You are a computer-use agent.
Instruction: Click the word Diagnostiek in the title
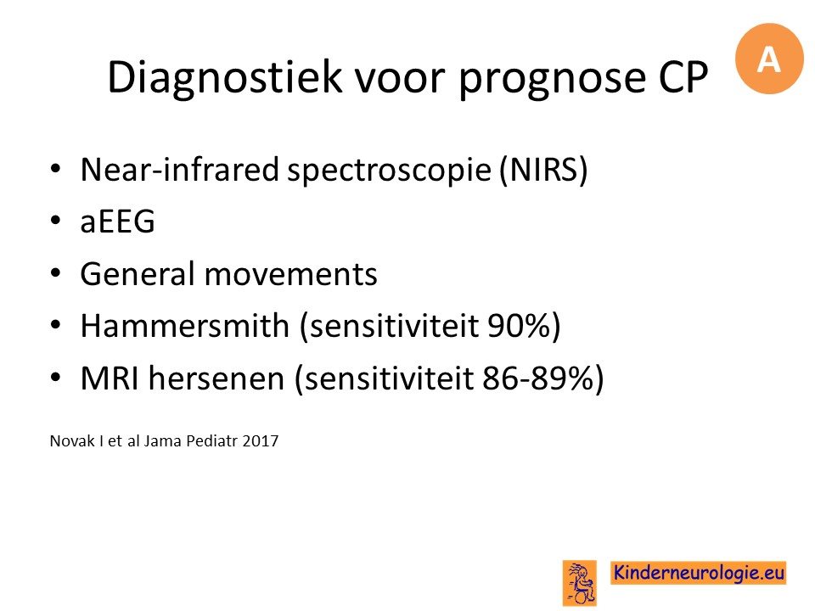coord(225,77)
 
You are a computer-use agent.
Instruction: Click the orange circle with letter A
coord(769,59)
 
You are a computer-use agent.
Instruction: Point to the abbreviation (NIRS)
coord(543,170)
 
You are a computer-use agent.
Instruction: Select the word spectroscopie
coord(390,171)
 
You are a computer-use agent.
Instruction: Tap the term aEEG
coord(117,221)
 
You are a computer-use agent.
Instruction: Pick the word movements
coord(291,275)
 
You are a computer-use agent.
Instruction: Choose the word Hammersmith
coord(184,325)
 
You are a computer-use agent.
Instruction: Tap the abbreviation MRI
coord(110,378)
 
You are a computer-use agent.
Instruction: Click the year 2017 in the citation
coord(261,441)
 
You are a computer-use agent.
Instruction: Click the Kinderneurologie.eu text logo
coord(698,573)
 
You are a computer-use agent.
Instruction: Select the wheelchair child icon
coord(580,583)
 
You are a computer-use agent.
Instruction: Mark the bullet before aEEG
coord(56,221)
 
